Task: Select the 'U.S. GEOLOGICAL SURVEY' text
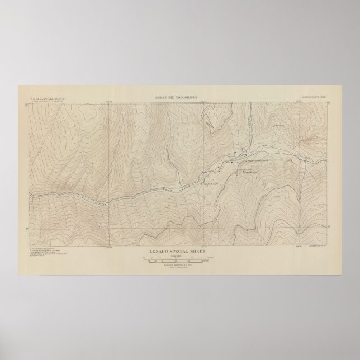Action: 42,98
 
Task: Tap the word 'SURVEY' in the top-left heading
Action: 51,98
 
